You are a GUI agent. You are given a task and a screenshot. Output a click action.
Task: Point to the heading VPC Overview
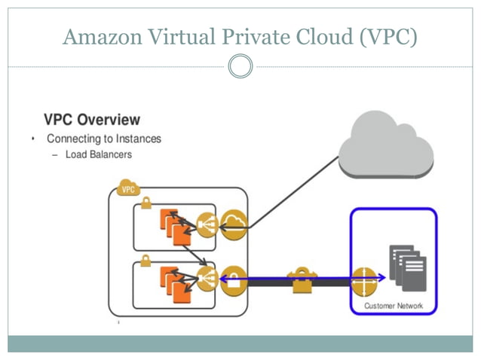(x=92, y=120)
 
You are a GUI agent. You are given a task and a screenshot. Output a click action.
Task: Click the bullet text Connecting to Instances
(x=104, y=139)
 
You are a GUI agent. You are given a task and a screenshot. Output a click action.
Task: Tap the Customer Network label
(x=394, y=306)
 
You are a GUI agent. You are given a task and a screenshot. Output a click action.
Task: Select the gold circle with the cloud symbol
(x=234, y=224)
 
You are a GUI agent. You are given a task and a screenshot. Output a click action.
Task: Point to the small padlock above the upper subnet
(x=145, y=203)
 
